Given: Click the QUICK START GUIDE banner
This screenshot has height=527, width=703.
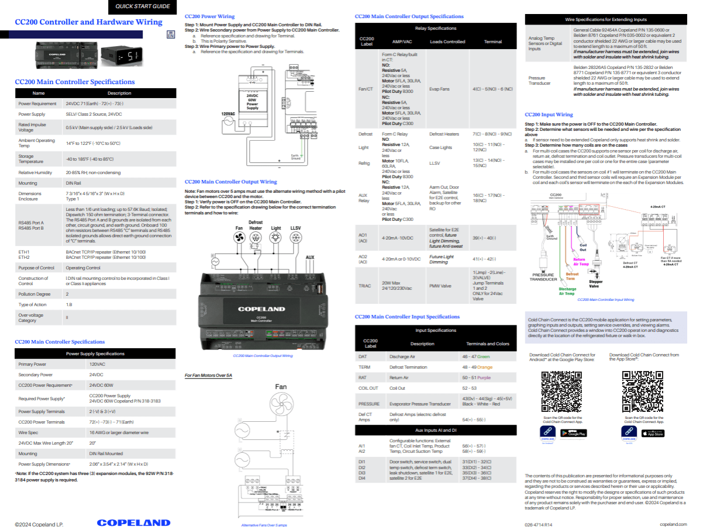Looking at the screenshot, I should point(143,6).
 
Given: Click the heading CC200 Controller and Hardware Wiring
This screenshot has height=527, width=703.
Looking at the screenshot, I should point(88,22).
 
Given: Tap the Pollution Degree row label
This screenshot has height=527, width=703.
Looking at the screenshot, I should point(35,294).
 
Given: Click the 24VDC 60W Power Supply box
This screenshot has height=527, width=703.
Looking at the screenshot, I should point(252,102).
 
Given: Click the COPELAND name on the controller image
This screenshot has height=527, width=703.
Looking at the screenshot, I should point(261,308).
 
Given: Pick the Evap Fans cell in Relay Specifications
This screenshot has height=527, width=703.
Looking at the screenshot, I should point(439,89).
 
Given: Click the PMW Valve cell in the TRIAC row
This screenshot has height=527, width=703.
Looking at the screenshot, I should point(439,286).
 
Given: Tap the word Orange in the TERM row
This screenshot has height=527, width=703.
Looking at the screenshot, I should point(484,367).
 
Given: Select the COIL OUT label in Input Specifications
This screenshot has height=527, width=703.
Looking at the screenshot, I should point(368,388).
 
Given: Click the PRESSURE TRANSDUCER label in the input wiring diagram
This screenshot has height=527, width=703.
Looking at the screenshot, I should point(543,277).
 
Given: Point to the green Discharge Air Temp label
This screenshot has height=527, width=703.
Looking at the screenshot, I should point(567,292).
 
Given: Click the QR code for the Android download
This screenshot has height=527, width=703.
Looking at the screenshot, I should point(561,391).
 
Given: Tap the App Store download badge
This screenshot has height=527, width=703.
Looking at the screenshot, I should point(653,434).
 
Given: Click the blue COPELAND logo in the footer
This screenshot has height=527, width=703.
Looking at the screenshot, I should point(133,522).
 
